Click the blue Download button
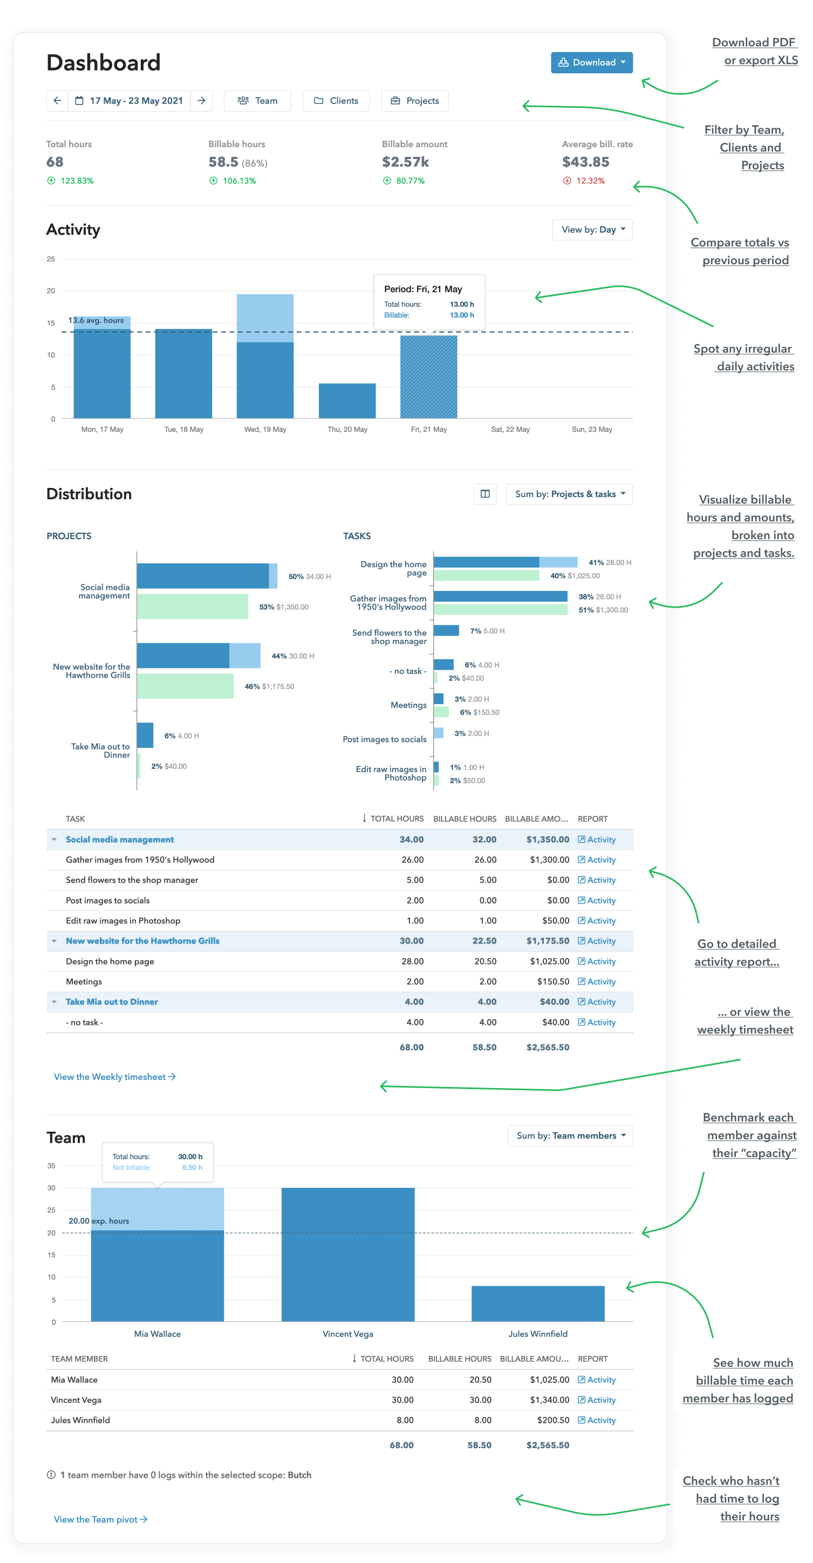pyautogui.click(x=591, y=63)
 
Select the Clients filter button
pyautogui.click(x=337, y=101)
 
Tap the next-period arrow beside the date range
pyautogui.click(x=202, y=101)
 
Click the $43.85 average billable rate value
pyautogui.click(x=585, y=162)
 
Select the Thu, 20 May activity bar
pyautogui.click(x=347, y=401)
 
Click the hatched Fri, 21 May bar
pyautogui.click(x=429, y=377)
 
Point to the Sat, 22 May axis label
pyautogui.click(x=510, y=430)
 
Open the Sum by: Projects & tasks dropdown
pyautogui.click(x=569, y=494)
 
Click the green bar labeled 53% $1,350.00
pyautogui.click(x=193, y=606)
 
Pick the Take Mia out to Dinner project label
pyautogui.click(x=101, y=750)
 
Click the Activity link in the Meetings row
pyautogui.click(x=597, y=982)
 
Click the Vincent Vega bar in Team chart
pyautogui.click(x=348, y=1254)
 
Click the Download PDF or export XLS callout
pyautogui.click(x=755, y=51)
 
